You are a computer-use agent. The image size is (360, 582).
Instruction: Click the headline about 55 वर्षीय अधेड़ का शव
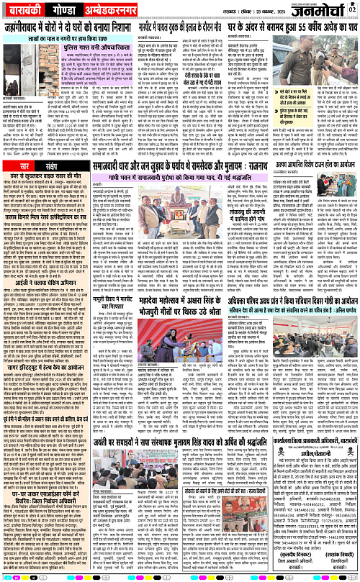pos(287,33)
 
